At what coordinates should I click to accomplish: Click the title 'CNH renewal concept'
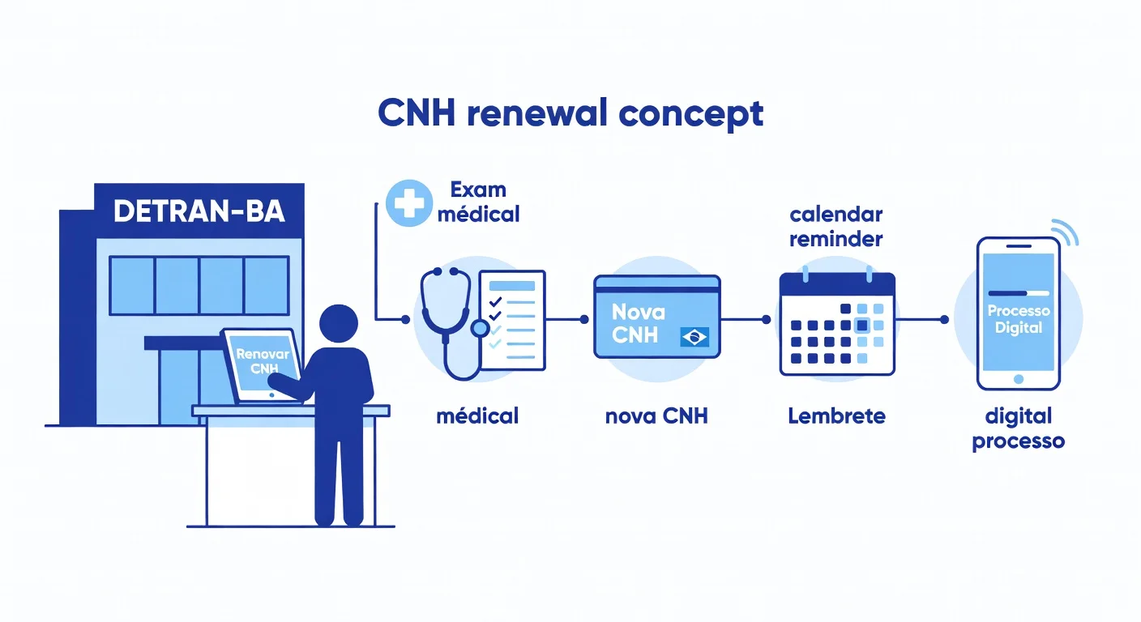pos(570,114)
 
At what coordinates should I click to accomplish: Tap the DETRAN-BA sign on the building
pos(199,211)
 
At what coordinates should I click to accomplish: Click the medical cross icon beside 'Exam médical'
pos(408,202)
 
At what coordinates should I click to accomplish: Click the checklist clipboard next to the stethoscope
pos(512,319)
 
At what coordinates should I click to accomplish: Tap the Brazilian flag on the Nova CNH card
pos(694,336)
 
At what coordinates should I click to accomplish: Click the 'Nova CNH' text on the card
pos(638,323)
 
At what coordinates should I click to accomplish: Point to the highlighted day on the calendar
pos(862,325)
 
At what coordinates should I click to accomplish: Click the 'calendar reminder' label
pos(835,227)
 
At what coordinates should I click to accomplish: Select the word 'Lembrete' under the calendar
pos(836,416)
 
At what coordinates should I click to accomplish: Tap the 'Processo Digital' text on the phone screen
pos(1018,320)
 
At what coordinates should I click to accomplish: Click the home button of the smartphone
pos(1019,378)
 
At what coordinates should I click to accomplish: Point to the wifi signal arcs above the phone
pos(1071,232)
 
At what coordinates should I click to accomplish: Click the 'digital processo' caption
pos(1018,429)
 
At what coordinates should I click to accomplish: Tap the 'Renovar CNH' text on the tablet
pos(259,361)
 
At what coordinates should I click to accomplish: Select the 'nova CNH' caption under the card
pos(656,416)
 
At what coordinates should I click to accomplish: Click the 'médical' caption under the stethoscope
pos(477,416)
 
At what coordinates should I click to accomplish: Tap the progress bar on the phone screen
pos(1018,293)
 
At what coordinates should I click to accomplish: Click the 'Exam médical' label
pos(484,202)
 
